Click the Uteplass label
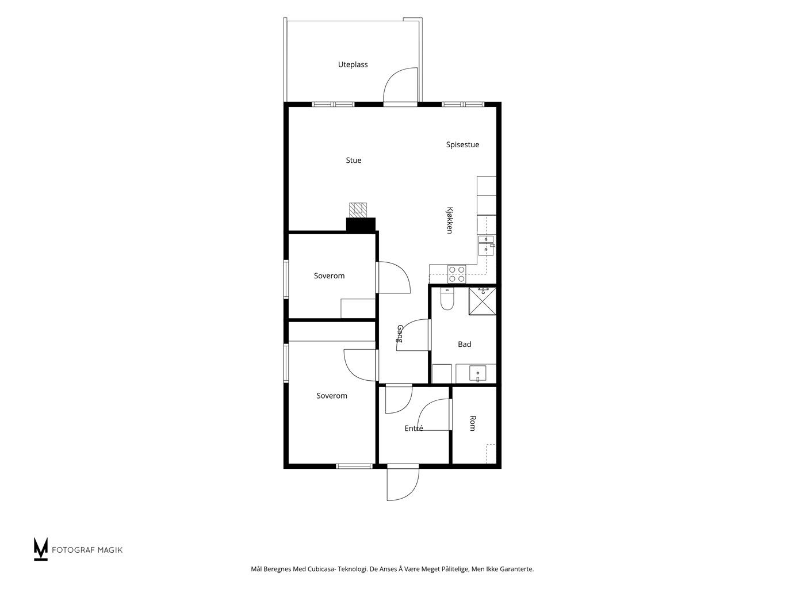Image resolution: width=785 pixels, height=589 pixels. pos(353,65)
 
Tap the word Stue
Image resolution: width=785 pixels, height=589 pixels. pos(353,160)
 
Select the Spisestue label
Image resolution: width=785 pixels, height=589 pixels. pos(462,145)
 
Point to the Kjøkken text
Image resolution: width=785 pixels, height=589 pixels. pos(450,220)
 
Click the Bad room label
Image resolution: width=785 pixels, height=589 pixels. pos(464,345)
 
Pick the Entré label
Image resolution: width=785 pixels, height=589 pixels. pos(413,428)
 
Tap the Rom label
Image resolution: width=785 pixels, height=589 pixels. pos(472,423)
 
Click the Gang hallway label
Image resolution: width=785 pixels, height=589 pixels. pos(400,334)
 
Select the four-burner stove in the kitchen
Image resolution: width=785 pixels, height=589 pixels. pos(457,274)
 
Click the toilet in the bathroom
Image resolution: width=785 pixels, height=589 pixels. pos(447,299)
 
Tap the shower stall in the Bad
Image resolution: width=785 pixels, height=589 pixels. pos(482,301)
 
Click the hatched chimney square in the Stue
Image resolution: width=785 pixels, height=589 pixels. pos(358,210)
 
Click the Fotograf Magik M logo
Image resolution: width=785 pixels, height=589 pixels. pos(40,549)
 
